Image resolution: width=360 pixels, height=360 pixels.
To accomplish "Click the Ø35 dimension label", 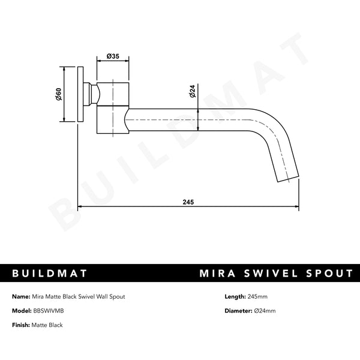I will point(113,56).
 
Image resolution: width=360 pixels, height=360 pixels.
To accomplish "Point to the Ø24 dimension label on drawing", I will point(192,92).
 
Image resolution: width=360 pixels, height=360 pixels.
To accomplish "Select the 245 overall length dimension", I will point(189,202).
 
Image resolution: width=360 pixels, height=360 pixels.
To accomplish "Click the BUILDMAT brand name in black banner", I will point(50,274).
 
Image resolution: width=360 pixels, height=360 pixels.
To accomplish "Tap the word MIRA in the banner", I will point(220,274).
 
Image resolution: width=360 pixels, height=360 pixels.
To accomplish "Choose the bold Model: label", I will point(22,311).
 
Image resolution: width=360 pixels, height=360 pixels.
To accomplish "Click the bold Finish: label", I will point(22,325).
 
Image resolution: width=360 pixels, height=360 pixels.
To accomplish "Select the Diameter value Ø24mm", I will point(265,311).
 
